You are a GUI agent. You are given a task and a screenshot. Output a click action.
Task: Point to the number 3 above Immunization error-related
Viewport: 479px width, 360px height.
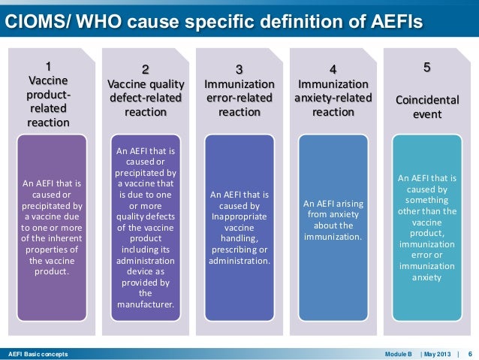pyautogui.click(x=239, y=70)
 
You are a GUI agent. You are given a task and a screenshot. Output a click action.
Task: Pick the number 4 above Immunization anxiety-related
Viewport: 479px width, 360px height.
pyautogui.click(x=333, y=69)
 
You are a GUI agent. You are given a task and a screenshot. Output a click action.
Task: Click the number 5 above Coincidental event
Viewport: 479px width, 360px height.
pyautogui.click(x=427, y=68)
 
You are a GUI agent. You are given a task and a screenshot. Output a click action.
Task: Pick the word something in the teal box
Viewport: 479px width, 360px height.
pyautogui.click(x=426, y=201)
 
